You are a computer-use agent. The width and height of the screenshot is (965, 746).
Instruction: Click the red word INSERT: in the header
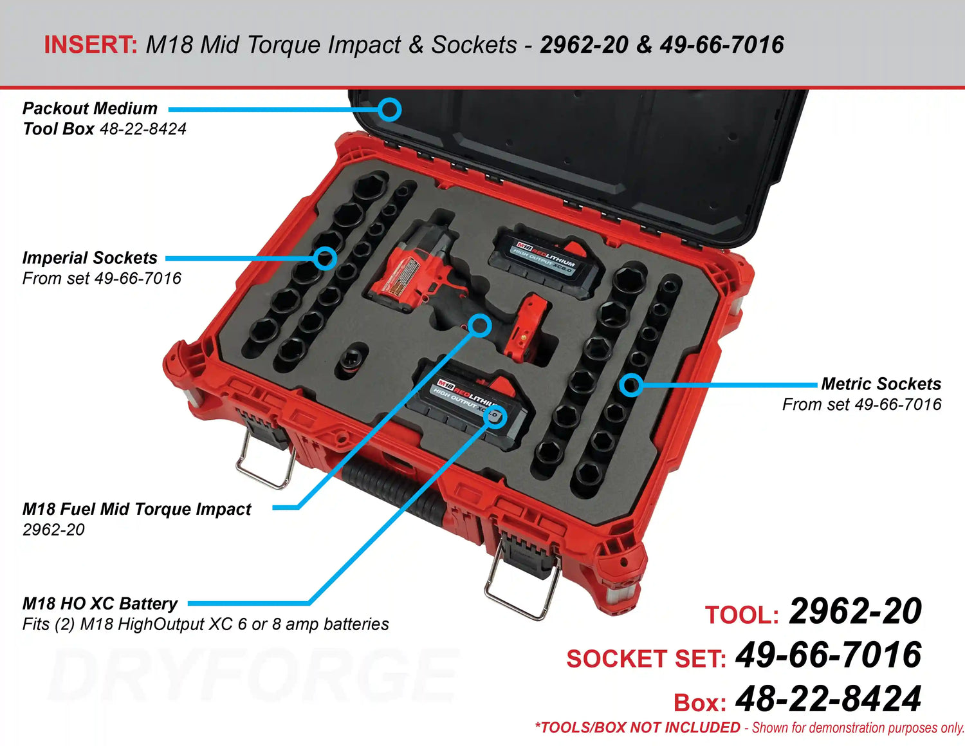pos(90,45)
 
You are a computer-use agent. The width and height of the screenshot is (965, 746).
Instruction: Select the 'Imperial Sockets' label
pos(89,258)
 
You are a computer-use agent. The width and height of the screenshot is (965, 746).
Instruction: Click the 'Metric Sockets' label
pos(881,384)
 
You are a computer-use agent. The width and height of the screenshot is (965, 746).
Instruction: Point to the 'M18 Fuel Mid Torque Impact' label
pos(136,509)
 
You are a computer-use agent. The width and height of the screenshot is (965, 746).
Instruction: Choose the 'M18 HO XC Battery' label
pos(100,604)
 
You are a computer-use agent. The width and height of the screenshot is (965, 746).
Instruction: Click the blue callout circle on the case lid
pos(389,109)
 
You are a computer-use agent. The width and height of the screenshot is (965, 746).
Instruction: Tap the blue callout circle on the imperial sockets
pos(326,258)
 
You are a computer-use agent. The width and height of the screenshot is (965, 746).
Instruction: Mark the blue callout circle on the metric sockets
pos(631,385)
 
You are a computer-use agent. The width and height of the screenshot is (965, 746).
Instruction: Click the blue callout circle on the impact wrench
pos(479,326)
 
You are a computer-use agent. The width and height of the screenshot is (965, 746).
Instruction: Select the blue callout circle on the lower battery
pos(496,416)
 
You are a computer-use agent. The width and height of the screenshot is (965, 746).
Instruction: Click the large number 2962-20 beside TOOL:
pos(855,611)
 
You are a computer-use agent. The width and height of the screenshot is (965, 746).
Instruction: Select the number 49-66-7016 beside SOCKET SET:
pos(828,655)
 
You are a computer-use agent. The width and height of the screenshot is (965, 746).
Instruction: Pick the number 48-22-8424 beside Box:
pos(828,699)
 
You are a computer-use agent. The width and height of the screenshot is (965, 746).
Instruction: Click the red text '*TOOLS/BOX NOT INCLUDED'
pos(638,728)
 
